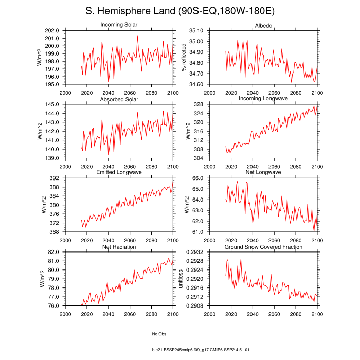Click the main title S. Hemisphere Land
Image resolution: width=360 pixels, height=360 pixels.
(x=180, y=11)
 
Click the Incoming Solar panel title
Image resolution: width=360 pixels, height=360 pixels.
(x=119, y=25)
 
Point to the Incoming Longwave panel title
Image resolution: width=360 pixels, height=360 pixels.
(x=263, y=99)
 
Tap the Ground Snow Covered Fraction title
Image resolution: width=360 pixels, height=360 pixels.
(x=263, y=247)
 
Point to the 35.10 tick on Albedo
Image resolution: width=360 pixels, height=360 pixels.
(x=196, y=31)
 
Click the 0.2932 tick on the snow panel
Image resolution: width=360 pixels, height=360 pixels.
(x=194, y=253)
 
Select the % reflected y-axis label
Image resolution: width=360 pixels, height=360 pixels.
(x=184, y=57)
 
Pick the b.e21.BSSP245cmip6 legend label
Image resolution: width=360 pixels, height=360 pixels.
(x=201, y=350)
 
